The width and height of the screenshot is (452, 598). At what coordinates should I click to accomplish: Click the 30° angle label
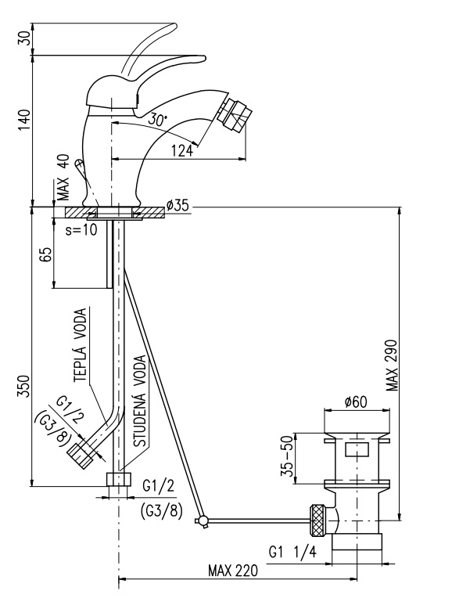pyautogui.click(x=157, y=120)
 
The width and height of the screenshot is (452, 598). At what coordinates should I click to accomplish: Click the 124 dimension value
pyautogui.click(x=181, y=150)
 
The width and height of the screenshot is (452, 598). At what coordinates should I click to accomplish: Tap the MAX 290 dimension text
pyautogui.click(x=392, y=366)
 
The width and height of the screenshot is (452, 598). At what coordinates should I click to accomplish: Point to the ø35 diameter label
pyautogui.click(x=178, y=206)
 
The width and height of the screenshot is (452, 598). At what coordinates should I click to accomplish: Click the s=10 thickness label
pyautogui.click(x=81, y=231)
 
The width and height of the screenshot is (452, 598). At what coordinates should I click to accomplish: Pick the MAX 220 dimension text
pyautogui.click(x=233, y=571)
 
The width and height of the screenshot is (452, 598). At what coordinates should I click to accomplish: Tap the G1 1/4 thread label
pyautogui.click(x=292, y=553)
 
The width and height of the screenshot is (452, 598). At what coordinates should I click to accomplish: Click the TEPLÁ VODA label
pyautogui.click(x=80, y=345)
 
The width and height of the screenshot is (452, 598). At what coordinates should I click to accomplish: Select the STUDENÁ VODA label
pyautogui.click(x=140, y=402)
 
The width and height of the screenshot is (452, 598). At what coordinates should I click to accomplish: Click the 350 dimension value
pyautogui.click(x=24, y=387)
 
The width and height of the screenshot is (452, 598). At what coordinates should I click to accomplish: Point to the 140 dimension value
pyautogui.click(x=24, y=120)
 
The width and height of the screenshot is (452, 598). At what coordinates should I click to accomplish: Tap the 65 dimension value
pyautogui.click(x=45, y=254)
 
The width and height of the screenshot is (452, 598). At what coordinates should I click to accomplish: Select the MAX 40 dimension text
pyautogui.click(x=63, y=177)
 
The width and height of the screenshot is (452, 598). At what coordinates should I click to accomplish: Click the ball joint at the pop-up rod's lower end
pyautogui.click(x=203, y=521)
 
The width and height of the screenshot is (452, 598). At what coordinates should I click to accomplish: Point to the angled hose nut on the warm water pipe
pyautogui.click(x=81, y=453)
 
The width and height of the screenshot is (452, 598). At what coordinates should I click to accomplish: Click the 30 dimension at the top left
pyautogui.click(x=24, y=39)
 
